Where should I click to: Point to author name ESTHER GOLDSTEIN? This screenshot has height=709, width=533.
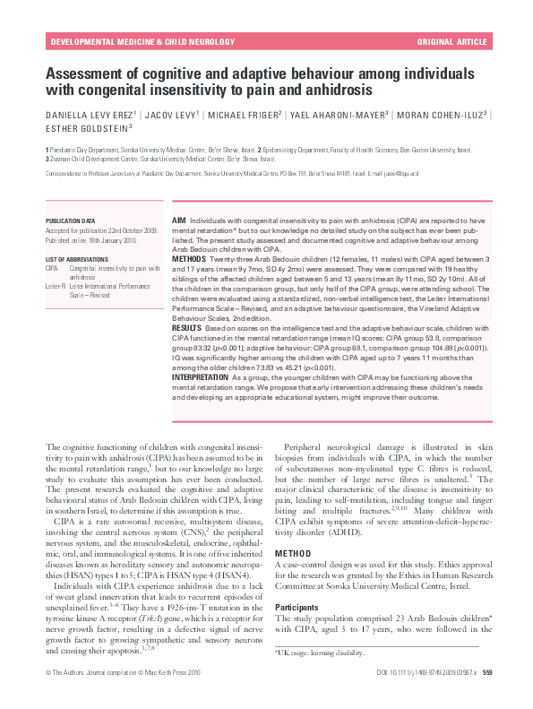(88, 129)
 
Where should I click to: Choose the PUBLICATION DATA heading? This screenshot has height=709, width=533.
(70, 220)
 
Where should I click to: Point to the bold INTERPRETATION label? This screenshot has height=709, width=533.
(201, 377)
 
